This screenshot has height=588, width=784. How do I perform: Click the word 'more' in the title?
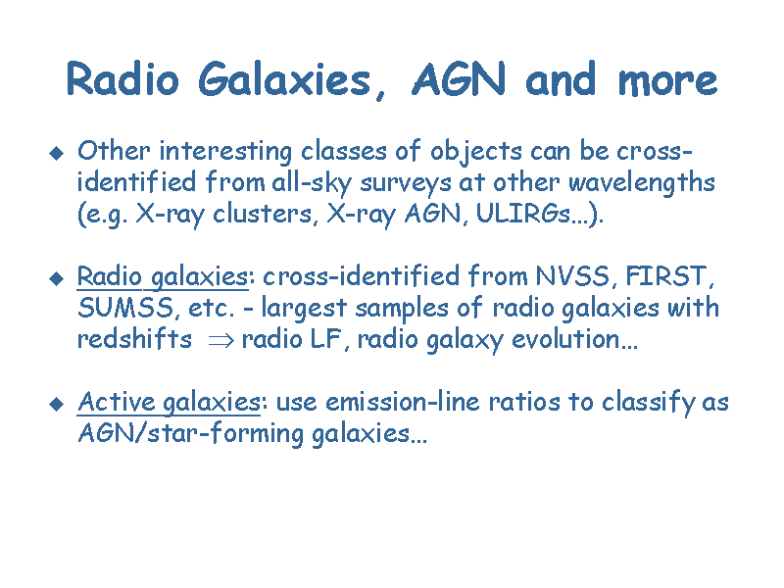click(x=668, y=81)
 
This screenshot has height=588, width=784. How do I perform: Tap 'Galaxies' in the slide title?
click(x=285, y=79)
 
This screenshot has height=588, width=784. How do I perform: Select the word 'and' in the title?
click(x=561, y=78)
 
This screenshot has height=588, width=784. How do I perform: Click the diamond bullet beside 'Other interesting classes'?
click(x=57, y=153)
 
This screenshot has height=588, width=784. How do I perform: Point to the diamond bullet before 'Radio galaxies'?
click(x=57, y=278)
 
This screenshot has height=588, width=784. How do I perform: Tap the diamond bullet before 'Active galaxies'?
click(x=57, y=404)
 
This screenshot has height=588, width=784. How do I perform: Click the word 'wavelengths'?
click(x=642, y=183)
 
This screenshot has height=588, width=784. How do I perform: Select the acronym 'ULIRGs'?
click(x=522, y=214)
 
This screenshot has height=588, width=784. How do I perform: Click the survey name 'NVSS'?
click(x=572, y=276)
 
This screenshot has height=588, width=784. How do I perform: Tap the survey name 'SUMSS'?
click(x=125, y=308)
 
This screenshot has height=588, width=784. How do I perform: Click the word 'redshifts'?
click(x=134, y=338)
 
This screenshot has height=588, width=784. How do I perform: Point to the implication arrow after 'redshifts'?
click(x=220, y=341)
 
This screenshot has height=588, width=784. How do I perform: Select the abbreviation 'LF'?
click(x=325, y=339)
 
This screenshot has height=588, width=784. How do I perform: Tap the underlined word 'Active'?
click(x=116, y=402)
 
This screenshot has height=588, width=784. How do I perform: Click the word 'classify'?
click(x=648, y=403)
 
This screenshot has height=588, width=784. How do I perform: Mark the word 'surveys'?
click(x=406, y=184)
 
